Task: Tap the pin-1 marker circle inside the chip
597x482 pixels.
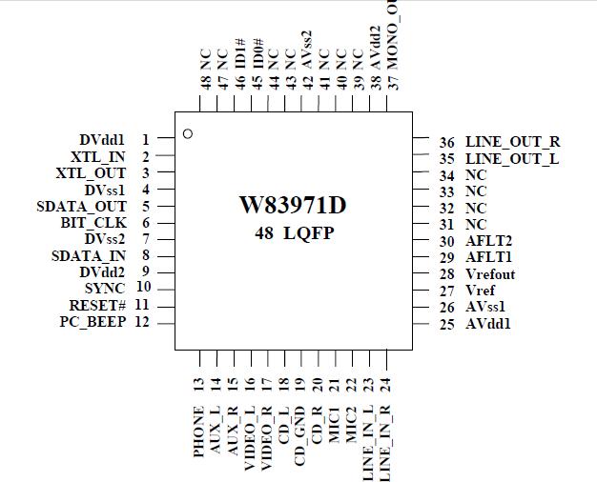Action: [x=188, y=133]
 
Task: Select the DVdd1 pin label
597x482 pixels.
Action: [x=103, y=140]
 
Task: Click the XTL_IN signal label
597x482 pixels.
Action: [x=98, y=156]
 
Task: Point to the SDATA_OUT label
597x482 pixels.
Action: [x=81, y=206]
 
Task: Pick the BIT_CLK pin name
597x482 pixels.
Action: [x=93, y=223]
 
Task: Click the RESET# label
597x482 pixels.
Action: [x=97, y=305]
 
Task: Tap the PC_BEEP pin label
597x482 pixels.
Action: [x=92, y=322]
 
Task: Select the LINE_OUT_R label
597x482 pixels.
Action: [x=512, y=142]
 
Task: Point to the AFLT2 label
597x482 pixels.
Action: [x=488, y=241]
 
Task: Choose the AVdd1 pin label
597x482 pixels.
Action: [x=488, y=324]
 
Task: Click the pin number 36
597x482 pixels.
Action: [x=446, y=142]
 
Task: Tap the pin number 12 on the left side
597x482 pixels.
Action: [x=142, y=322]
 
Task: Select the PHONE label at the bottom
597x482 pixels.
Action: [x=198, y=432]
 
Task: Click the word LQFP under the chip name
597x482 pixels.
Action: [x=315, y=232]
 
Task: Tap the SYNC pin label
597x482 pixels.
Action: [x=105, y=288]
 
